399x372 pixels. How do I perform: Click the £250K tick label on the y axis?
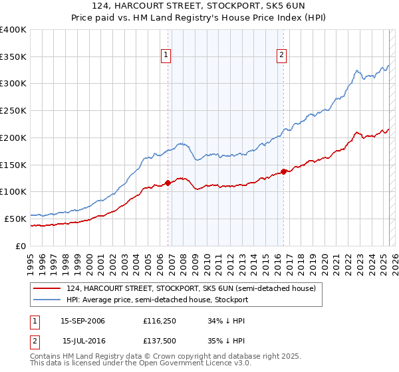(x=13, y=110)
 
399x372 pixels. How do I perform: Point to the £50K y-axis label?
(x=15, y=219)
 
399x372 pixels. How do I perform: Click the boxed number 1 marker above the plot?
(x=166, y=55)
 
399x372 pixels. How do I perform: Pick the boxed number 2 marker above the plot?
(x=282, y=55)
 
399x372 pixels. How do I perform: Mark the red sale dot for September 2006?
(x=168, y=183)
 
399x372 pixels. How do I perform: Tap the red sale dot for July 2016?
(x=284, y=171)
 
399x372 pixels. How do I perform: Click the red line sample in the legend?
(x=47, y=288)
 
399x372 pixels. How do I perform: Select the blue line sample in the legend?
(x=47, y=300)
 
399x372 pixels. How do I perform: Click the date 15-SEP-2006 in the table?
(x=82, y=321)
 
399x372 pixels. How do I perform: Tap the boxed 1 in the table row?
(x=33, y=321)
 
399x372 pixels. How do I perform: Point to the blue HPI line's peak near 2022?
(x=357, y=70)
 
